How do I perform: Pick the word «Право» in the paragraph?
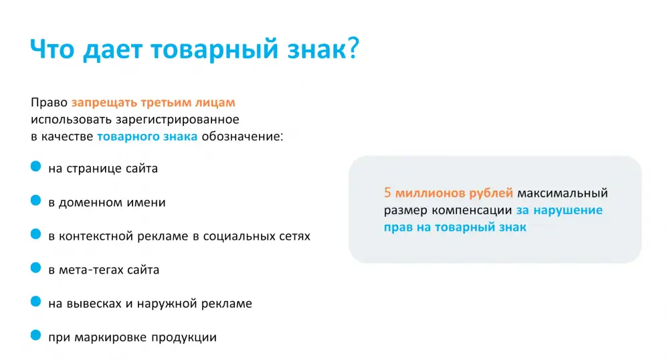[49, 103]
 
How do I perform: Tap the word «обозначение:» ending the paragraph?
[242, 137]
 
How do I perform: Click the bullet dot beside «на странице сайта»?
[36, 167]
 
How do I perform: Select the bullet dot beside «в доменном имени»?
[36, 200]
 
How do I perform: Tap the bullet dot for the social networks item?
[36, 234]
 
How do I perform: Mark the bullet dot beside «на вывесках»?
[36, 301]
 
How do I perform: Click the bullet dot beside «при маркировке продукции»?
[36, 335]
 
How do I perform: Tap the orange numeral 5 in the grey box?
[387, 193]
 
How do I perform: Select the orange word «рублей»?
[491, 193]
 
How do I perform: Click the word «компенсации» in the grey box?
[472, 210]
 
